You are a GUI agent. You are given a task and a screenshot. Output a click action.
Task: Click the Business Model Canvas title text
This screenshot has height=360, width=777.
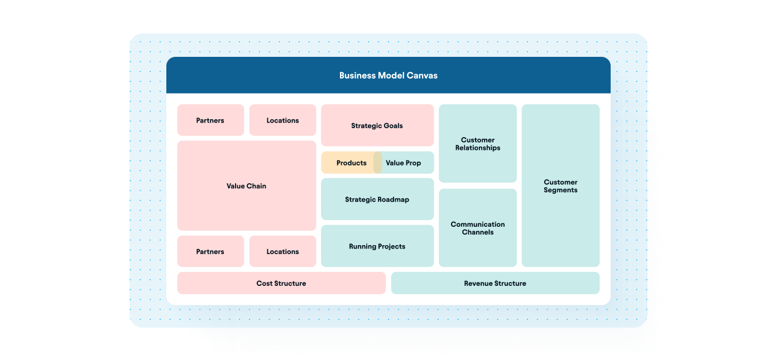click(388, 75)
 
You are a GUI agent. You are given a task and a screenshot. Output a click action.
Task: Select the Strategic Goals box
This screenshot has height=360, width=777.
click(377, 125)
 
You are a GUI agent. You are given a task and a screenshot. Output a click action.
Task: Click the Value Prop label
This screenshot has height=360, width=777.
click(403, 163)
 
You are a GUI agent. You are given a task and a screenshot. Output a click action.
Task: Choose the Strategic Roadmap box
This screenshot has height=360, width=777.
click(377, 199)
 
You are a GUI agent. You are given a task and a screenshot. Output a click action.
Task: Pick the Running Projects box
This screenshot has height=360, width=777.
click(377, 246)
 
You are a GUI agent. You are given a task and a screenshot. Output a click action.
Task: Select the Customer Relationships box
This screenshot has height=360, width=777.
click(478, 143)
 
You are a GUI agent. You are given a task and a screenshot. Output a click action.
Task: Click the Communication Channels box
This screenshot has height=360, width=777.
click(478, 228)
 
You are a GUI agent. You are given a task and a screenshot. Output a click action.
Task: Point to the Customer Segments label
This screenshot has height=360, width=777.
click(560, 186)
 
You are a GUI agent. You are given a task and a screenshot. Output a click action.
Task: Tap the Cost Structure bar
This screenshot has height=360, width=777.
click(281, 283)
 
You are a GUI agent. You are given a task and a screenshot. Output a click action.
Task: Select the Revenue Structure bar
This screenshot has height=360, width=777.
click(495, 283)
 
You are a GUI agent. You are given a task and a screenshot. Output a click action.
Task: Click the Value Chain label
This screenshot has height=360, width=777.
click(246, 186)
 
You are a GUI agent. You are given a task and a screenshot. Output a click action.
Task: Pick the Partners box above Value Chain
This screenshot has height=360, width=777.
click(210, 120)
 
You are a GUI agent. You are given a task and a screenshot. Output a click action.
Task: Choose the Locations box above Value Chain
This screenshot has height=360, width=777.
click(282, 120)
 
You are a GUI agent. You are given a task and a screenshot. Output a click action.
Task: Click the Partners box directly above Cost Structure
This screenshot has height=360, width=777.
click(210, 251)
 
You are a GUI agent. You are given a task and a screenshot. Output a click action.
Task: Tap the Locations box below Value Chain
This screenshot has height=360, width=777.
click(282, 251)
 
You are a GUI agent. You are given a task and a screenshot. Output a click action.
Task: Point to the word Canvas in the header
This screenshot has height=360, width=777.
click(423, 75)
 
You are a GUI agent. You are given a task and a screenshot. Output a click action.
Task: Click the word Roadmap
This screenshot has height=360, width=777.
click(393, 200)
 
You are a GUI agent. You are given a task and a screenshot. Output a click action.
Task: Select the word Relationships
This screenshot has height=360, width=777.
click(478, 148)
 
